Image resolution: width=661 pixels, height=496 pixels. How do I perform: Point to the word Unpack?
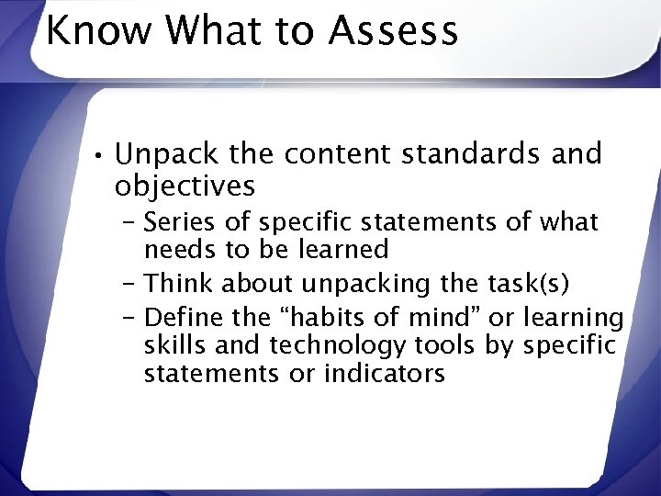pyautogui.click(x=162, y=153)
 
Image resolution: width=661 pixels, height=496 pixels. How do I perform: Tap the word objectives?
pyautogui.click(x=185, y=186)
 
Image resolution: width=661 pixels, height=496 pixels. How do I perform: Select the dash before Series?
pyautogui.click(x=129, y=222)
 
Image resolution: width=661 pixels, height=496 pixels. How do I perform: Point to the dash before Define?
pyautogui.click(x=129, y=318)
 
